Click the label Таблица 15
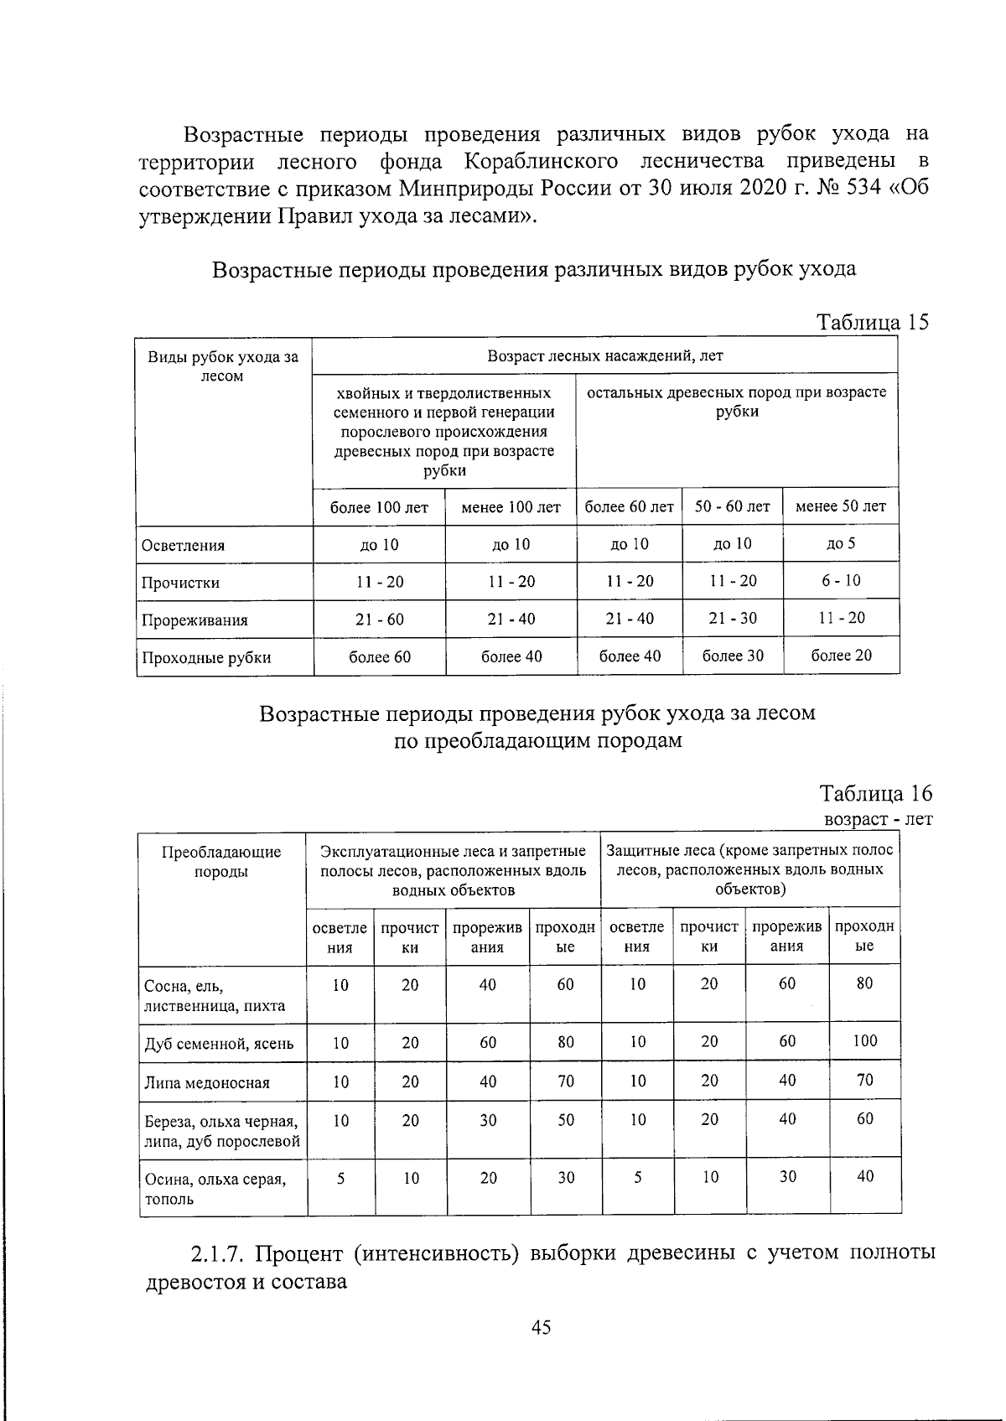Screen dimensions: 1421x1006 point(873,322)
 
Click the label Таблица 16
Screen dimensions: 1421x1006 point(875,793)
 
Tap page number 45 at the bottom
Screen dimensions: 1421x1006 point(541,1327)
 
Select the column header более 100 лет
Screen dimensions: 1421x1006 point(379,507)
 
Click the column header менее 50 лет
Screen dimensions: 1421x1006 point(840,506)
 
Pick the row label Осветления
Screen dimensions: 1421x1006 point(183,546)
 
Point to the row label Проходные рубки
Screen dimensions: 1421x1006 point(206,657)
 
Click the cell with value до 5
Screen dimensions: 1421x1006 point(840,544)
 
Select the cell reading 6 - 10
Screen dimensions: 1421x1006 point(840,581)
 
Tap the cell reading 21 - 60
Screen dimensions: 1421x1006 point(379,620)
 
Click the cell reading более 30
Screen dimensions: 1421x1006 point(733,656)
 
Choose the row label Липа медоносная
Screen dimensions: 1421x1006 point(207,1082)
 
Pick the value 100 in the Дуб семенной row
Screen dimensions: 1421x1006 point(864,1041)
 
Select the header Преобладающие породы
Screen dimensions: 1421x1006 point(221,862)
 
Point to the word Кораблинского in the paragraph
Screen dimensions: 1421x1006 point(542,160)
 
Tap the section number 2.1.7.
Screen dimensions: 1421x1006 point(218,1253)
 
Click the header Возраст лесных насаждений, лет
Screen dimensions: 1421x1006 point(604,355)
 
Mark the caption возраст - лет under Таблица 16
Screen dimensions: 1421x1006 point(878,818)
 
